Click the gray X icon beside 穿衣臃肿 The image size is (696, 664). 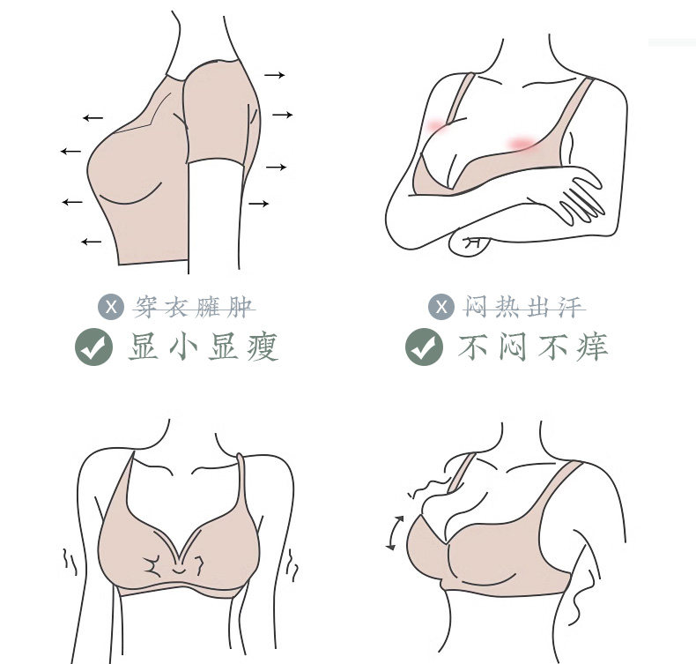[x=111, y=307]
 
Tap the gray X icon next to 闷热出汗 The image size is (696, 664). [x=441, y=307]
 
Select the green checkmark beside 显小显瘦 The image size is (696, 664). [x=93, y=347]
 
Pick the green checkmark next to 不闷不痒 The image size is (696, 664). [x=424, y=347]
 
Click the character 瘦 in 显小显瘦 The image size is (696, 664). [x=263, y=347]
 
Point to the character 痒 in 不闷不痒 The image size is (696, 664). [x=593, y=347]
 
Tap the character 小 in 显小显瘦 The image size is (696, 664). [x=183, y=347]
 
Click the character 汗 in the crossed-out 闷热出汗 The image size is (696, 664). [x=570, y=307]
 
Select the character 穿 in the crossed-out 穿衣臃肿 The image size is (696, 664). [x=145, y=307]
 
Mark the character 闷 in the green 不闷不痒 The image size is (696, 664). [x=513, y=347]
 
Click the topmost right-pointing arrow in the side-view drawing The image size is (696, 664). [x=275, y=75]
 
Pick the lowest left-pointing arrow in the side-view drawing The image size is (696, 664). [x=92, y=242]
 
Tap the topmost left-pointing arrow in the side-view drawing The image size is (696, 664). [x=93, y=117]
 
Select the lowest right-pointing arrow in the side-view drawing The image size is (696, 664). [x=259, y=204]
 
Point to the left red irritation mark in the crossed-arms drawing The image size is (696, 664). [x=436, y=126]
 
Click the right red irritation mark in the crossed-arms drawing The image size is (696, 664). [x=521, y=144]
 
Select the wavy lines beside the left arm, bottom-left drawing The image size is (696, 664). [x=70, y=562]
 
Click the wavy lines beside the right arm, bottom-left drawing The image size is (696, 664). [x=292, y=564]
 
